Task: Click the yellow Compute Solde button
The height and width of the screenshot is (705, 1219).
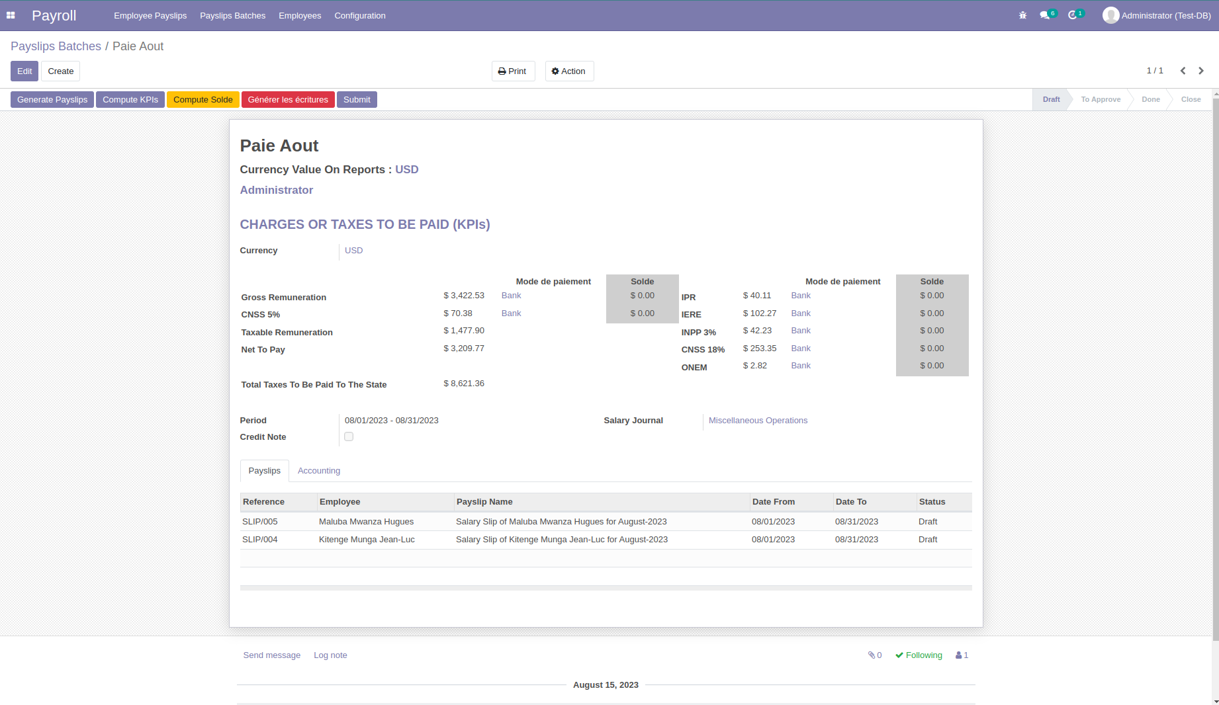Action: point(203,100)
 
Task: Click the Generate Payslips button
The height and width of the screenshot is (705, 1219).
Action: point(52,100)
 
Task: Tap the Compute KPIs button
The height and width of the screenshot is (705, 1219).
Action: point(130,100)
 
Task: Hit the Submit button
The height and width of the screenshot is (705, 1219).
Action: point(357,100)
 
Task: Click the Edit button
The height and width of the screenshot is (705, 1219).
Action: point(24,71)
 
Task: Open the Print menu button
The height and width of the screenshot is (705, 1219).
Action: point(513,71)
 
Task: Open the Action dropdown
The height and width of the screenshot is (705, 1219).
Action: point(569,71)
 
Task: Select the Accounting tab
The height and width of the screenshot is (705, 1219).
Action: point(319,471)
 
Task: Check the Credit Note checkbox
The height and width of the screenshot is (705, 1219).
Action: point(349,436)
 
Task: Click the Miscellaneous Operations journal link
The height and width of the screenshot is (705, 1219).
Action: point(758,421)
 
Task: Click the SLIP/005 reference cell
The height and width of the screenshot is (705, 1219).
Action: point(260,522)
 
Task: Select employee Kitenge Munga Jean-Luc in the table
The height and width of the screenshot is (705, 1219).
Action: point(367,540)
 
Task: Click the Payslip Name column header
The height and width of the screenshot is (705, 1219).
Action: point(484,502)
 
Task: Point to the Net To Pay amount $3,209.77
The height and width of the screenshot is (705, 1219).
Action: point(464,349)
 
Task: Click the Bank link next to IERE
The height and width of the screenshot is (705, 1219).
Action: point(801,313)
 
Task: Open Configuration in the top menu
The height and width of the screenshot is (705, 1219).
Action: point(359,16)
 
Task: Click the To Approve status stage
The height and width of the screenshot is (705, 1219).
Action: point(1101,100)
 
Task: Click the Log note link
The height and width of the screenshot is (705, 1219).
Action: point(330,655)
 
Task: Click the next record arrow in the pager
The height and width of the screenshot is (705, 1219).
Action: point(1201,71)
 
